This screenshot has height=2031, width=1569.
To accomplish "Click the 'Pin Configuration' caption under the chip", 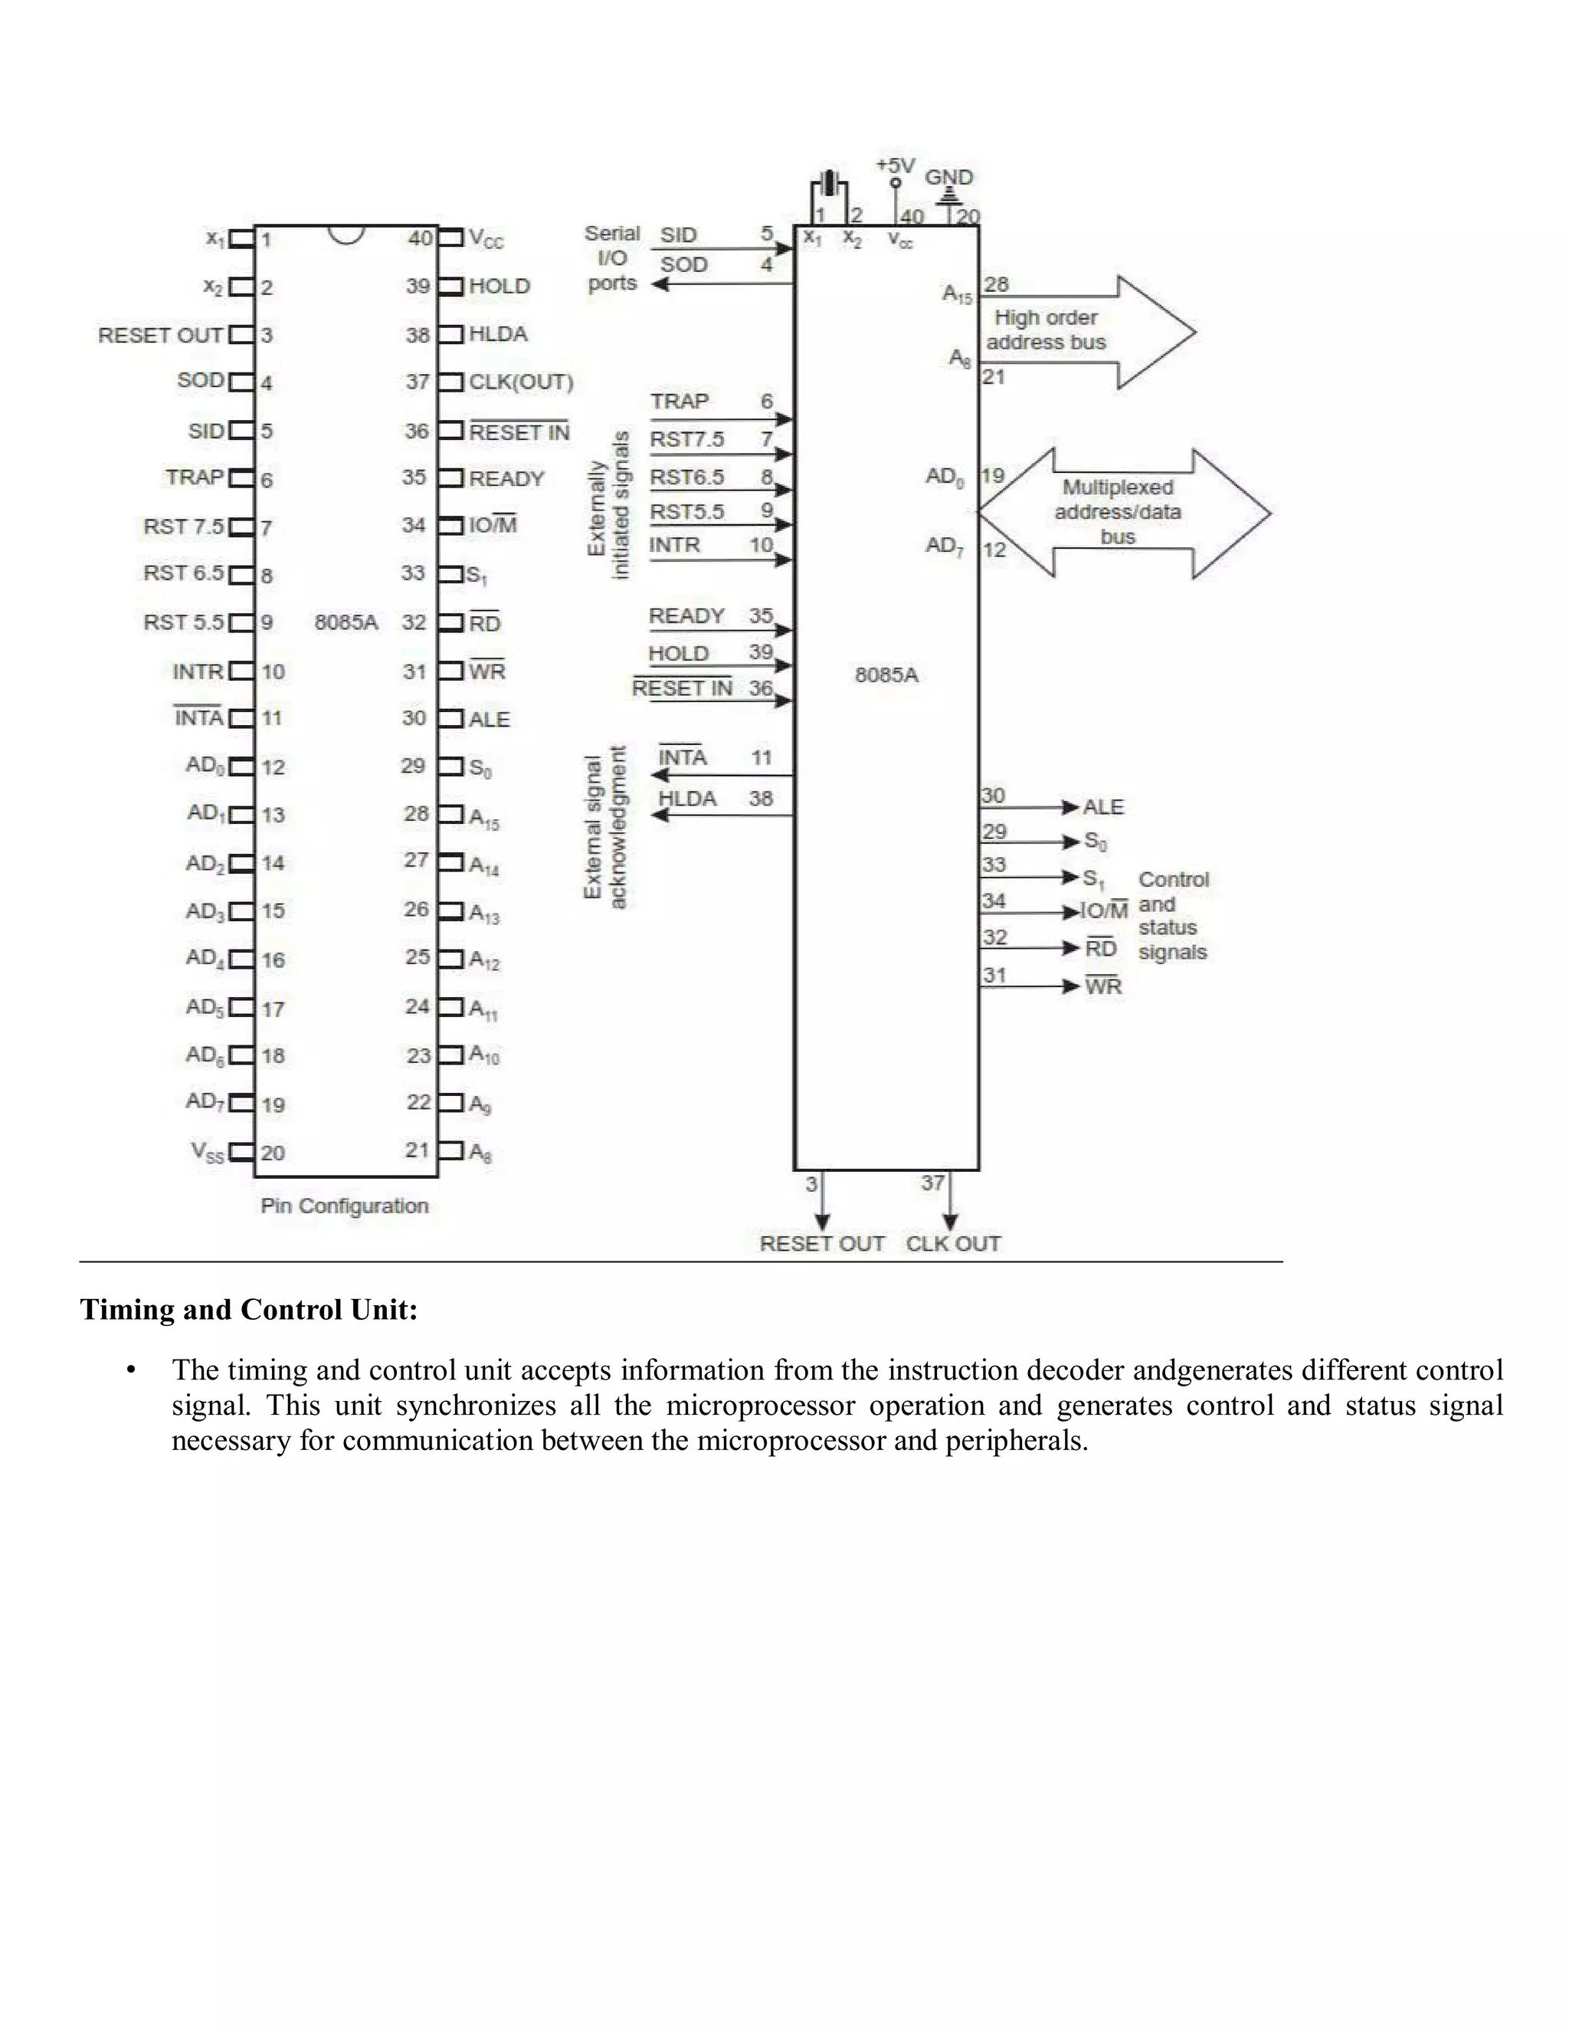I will tap(344, 1206).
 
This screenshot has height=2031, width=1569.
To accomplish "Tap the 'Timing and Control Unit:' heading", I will tap(249, 1309).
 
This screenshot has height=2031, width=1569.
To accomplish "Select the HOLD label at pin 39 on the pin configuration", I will tap(500, 287).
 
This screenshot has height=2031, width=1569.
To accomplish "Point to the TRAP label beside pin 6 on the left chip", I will tap(195, 478).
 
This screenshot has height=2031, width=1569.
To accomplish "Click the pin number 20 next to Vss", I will tap(272, 1153).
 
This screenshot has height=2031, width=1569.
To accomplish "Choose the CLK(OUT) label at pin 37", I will tap(520, 382).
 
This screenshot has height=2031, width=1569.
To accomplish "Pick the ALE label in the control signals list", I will tap(1103, 807).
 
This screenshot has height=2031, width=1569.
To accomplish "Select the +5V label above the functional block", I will tap(895, 166).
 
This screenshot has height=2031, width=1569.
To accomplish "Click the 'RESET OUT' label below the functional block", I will tap(822, 1244).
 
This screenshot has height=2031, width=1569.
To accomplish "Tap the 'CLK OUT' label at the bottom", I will tap(953, 1244).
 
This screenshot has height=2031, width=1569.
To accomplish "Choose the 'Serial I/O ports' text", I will tap(611, 258).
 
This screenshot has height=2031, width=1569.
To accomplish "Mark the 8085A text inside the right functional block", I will tap(886, 675).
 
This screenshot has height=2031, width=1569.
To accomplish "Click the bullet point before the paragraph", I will tap(132, 1371).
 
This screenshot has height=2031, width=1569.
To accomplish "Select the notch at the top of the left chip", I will tap(346, 234).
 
